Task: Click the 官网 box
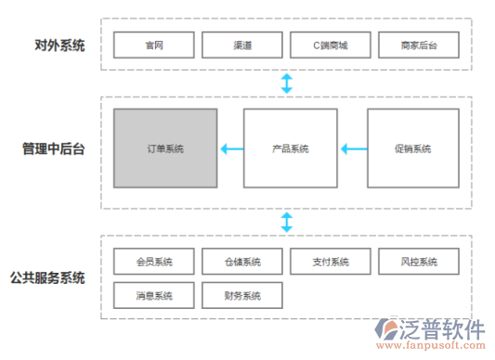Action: click(x=154, y=44)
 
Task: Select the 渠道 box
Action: click(x=242, y=44)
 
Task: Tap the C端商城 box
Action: click(x=331, y=44)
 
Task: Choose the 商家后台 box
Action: click(x=419, y=44)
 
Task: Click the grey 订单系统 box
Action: click(x=165, y=148)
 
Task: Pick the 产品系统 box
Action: click(x=290, y=148)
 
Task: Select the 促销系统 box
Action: click(x=413, y=148)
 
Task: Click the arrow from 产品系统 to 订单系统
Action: click(x=231, y=148)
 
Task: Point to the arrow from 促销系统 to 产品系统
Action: click(x=352, y=148)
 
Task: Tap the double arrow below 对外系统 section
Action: click(x=287, y=84)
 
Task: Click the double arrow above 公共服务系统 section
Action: click(x=287, y=222)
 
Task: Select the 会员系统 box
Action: click(x=154, y=262)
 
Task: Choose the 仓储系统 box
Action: click(x=242, y=262)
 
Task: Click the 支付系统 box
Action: click(x=331, y=262)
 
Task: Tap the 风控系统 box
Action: click(x=419, y=262)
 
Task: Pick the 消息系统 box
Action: click(x=154, y=296)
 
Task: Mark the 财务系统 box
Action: click(x=242, y=296)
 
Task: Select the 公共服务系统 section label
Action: click(x=48, y=277)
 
